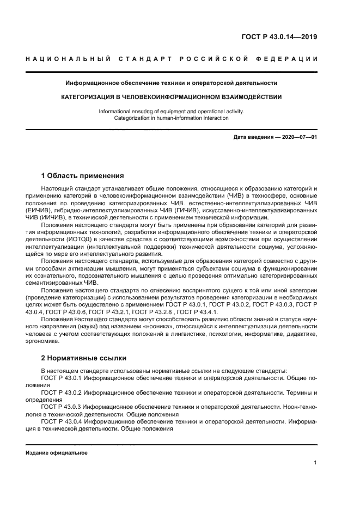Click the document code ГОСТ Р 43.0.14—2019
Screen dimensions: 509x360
point(279,37)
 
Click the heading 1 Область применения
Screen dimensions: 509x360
point(82,176)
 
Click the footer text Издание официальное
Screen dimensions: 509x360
point(57,452)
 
